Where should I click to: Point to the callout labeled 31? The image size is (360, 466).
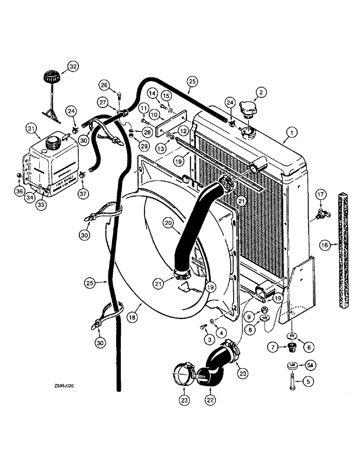(x=30, y=128)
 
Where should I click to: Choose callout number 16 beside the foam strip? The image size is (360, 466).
(x=324, y=244)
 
